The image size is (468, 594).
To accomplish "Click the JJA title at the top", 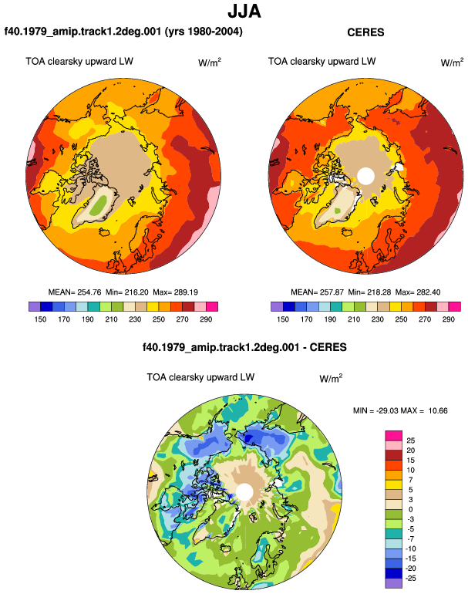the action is tap(244, 11).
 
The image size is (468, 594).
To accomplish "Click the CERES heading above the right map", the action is tap(365, 32).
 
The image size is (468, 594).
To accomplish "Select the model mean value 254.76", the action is tap(89, 292).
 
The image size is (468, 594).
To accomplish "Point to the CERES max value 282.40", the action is tap(428, 292).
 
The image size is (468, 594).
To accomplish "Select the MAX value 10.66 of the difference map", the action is tap(438, 410).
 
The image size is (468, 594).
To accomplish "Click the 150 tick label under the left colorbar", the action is tap(40, 319).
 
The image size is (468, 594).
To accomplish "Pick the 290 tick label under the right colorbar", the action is tap(448, 319).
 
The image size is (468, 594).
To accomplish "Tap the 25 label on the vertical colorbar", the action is tap(410, 440).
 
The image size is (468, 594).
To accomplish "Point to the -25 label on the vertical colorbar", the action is tap(410, 578).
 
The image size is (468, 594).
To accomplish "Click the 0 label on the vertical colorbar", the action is tap(410, 509).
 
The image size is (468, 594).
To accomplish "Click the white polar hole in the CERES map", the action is tap(365, 176).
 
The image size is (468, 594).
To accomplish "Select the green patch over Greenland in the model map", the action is tap(99, 204).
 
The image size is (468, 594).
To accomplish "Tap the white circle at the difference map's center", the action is tap(244, 491).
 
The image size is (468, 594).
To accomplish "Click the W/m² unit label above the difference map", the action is tap(331, 378).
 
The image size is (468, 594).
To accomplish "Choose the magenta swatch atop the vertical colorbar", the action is tap(393, 435).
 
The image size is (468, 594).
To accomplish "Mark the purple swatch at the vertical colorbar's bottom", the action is tap(393, 583).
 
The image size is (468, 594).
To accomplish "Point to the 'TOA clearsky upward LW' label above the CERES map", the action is tap(322, 62).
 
